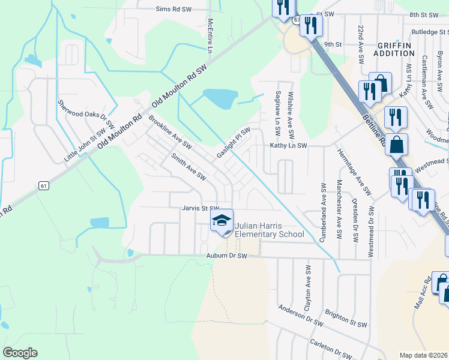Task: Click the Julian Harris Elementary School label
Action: pyautogui.click(x=269, y=230)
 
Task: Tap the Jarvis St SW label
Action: pyautogui.click(x=201, y=208)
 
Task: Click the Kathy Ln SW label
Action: pyautogui.click(x=288, y=146)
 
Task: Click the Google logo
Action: pyautogui.click(x=20, y=353)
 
